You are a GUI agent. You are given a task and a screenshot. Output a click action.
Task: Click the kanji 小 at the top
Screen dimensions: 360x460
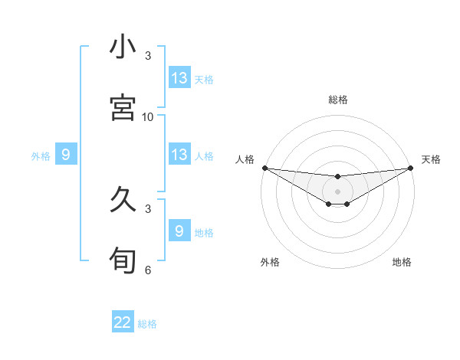click(123, 47)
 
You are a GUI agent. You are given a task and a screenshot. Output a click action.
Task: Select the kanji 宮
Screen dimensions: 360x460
click(123, 107)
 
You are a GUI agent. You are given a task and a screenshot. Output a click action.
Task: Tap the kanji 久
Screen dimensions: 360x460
click(123, 200)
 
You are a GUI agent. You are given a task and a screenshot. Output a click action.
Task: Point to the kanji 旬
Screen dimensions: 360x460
click(123, 260)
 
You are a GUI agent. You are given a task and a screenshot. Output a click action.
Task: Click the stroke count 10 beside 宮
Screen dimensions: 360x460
click(148, 116)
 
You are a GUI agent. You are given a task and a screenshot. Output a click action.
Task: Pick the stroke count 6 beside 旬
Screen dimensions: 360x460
click(148, 270)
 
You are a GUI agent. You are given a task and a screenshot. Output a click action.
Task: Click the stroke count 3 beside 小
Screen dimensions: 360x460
click(148, 56)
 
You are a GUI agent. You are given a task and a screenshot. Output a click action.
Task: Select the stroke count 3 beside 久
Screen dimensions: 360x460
click(148, 208)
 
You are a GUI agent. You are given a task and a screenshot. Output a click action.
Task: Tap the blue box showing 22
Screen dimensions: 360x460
click(123, 322)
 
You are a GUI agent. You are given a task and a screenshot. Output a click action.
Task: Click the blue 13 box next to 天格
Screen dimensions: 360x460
click(179, 78)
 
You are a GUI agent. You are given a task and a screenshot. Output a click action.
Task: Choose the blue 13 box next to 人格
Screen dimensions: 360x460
click(179, 155)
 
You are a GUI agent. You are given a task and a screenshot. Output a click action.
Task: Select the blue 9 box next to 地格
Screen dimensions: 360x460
click(179, 231)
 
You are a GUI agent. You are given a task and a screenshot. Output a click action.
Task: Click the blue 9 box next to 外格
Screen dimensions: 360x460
click(66, 155)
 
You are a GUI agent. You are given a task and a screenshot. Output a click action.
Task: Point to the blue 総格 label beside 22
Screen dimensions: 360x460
click(147, 324)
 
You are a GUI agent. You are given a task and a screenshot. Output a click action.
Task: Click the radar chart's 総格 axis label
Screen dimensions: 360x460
click(337, 100)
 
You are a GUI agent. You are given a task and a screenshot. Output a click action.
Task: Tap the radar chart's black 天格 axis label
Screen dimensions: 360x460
click(432, 159)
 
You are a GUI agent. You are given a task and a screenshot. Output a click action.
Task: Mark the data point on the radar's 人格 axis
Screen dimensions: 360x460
click(264, 168)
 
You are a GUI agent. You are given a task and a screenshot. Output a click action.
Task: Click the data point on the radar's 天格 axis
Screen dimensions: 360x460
click(411, 168)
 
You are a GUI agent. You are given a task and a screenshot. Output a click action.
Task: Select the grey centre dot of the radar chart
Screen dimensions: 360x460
click(337, 191)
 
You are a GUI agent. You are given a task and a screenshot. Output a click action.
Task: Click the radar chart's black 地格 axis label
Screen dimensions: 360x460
click(402, 262)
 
